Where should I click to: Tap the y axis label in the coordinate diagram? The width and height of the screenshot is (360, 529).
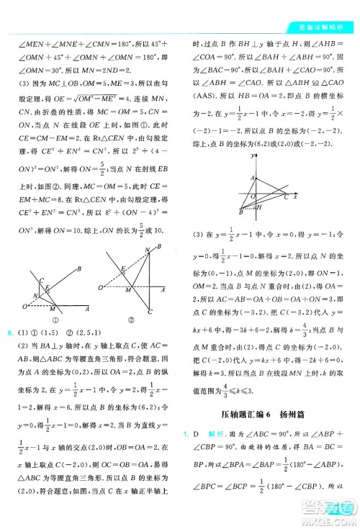pyautogui.click(x=254, y=155)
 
